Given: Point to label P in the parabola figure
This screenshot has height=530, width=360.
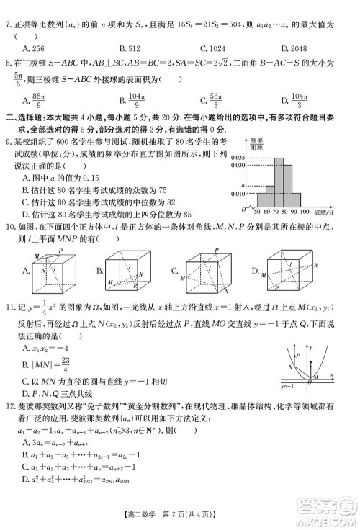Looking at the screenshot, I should (297, 354).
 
